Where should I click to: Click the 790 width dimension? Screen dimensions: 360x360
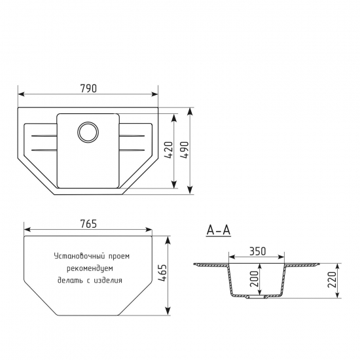(x=88, y=88)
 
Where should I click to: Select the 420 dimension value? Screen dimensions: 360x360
(x=169, y=150)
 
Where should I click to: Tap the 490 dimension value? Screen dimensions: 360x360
(x=185, y=150)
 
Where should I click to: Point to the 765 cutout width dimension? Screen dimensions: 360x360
(x=88, y=224)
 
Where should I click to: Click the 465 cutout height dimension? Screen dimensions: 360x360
(x=162, y=273)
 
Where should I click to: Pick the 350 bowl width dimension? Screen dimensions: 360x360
(x=257, y=251)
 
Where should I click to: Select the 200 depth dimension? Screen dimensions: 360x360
(x=254, y=279)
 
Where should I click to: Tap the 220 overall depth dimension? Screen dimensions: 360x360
(x=333, y=279)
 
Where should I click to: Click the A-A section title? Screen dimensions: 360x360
(x=219, y=230)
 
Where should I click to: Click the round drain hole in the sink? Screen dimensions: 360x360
(x=88, y=132)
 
